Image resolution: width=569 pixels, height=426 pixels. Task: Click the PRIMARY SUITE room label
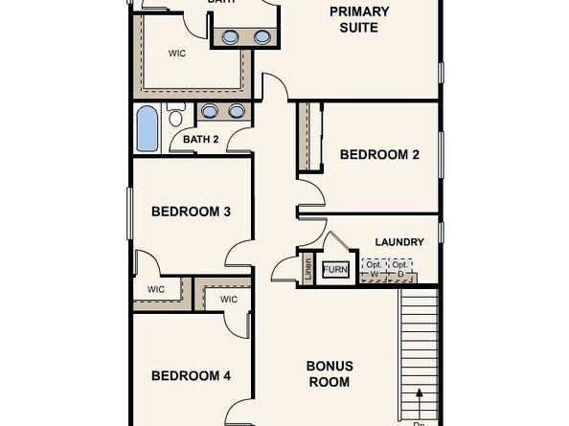point(359,19)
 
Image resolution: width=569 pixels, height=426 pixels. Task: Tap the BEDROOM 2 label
point(379,154)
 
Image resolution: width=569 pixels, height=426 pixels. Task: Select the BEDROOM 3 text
point(192,212)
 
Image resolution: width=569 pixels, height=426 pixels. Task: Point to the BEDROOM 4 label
point(192,376)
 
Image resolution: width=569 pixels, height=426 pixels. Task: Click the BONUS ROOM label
point(330,373)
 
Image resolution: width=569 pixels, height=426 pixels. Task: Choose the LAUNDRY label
point(399,242)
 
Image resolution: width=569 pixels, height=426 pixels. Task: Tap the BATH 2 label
point(201,140)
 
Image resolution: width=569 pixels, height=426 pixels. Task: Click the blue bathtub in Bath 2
point(147,128)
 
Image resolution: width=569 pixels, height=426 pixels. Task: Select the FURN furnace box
point(335,270)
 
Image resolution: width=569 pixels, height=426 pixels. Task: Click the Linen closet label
point(308,268)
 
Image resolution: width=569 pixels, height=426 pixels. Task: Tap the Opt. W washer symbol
point(375,269)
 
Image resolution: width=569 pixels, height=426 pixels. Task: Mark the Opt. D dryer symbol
point(401,269)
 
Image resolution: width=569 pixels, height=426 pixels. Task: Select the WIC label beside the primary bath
point(176,54)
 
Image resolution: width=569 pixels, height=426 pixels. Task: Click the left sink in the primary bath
point(231,37)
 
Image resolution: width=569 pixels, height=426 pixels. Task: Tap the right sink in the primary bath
point(262,37)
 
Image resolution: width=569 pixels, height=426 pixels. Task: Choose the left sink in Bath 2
point(209,111)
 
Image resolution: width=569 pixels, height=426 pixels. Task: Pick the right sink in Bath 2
point(236,111)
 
